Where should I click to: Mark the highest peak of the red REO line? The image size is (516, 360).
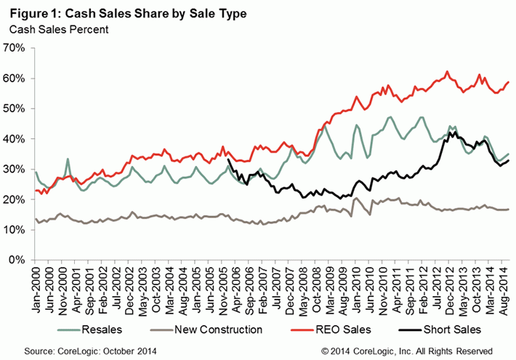click(448, 71)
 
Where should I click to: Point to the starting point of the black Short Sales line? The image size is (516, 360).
click(228, 160)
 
